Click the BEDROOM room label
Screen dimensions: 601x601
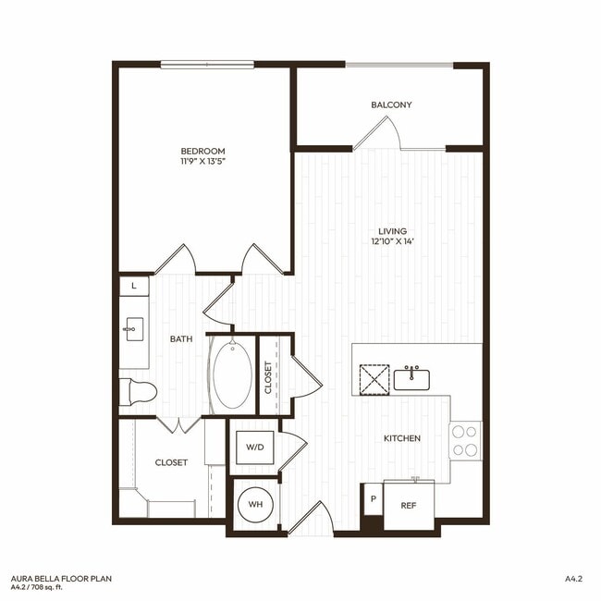(x=202, y=151)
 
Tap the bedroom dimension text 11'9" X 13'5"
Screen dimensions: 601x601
(x=202, y=162)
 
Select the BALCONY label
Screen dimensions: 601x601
(x=392, y=104)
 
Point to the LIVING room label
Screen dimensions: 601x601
(x=392, y=231)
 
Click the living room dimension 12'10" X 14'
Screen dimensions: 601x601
(x=392, y=242)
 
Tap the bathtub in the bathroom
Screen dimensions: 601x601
(x=231, y=376)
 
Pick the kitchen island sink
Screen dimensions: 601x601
(x=412, y=377)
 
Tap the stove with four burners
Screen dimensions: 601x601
(x=464, y=440)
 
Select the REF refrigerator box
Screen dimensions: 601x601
(x=408, y=506)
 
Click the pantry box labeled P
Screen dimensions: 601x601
(x=373, y=499)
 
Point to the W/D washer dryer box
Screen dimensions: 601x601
(x=254, y=448)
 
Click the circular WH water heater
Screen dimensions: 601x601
(x=252, y=506)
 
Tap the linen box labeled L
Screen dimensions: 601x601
(x=134, y=287)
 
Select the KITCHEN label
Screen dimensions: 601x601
(x=403, y=437)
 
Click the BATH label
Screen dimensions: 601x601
(x=181, y=338)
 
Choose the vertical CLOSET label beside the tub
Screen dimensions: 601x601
(x=269, y=377)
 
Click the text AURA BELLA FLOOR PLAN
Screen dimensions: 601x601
(x=56, y=577)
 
